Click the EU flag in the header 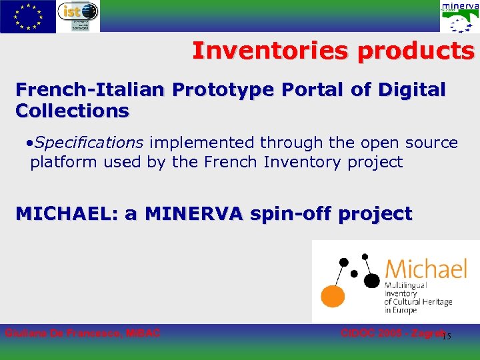27,16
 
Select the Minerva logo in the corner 459,17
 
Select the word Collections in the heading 72,111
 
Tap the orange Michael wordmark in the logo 426,269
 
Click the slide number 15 447,336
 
